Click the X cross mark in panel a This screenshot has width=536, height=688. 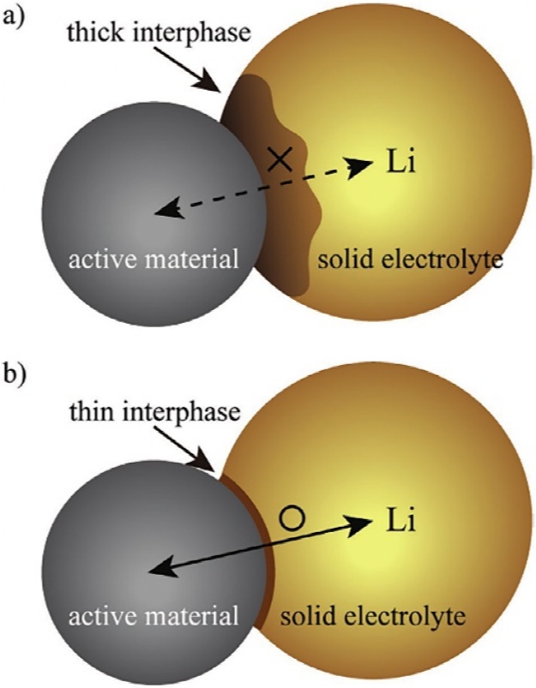(278, 158)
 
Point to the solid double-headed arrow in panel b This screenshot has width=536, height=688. (257, 545)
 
